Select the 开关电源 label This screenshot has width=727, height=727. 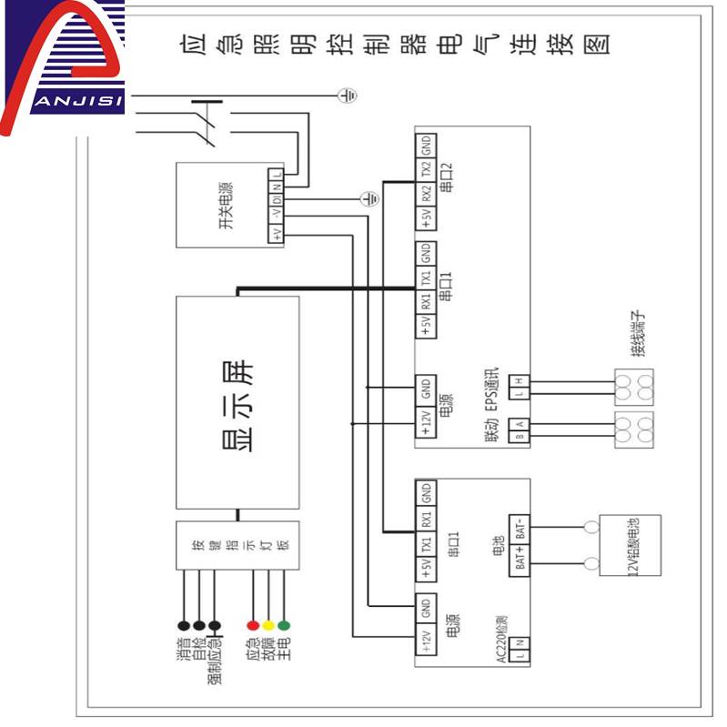(227, 206)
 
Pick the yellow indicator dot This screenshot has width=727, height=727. (268, 626)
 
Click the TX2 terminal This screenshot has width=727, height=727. (425, 170)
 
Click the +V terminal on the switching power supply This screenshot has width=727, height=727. (276, 233)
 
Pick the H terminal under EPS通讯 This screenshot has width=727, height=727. (520, 381)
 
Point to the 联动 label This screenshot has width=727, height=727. (491, 434)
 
